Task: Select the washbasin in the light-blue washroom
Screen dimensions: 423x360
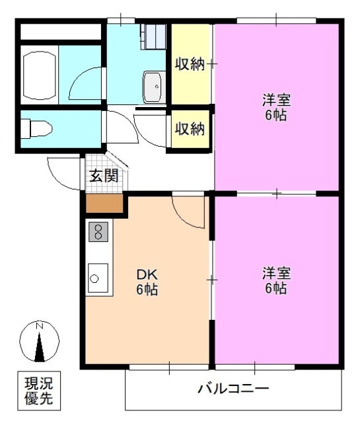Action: coord(154,87)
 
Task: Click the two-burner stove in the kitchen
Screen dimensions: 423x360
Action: coord(98,232)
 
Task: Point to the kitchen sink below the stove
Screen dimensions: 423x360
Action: coord(98,278)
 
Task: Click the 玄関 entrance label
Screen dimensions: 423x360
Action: coord(104,176)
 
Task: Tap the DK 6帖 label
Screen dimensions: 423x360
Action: coord(147,282)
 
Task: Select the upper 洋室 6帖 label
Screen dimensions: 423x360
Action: coord(275,108)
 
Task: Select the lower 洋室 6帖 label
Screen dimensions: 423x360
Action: coord(275,280)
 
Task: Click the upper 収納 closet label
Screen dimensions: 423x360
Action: coord(190,64)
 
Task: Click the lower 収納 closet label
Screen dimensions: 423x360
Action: coord(190,129)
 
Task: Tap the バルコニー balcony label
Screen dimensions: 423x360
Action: coord(233,389)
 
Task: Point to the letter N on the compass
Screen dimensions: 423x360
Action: coord(39,326)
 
